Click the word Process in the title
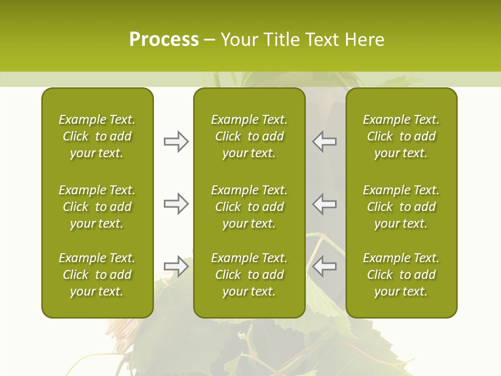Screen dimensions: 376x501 click(x=164, y=40)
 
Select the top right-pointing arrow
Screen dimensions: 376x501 click(x=176, y=142)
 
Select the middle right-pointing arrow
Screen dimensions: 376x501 click(x=176, y=204)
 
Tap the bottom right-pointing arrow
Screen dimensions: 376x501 click(x=176, y=266)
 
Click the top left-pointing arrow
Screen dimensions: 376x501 click(x=325, y=142)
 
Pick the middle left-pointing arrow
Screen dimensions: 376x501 click(x=325, y=204)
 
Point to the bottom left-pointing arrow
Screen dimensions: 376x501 click(x=325, y=266)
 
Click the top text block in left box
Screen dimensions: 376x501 click(x=97, y=136)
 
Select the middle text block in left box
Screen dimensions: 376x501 click(x=97, y=207)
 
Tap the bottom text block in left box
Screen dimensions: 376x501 click(x=97, y=275)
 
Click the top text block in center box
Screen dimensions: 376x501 click(x=249, y=136)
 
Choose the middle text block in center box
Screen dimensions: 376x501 click(x=249, y=207)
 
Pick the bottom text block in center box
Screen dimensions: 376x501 click(x=249, y=275)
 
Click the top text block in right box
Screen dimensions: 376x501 click(x=401, y=136)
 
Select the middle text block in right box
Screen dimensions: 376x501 click(x=401, y=207)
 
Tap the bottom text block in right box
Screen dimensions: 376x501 click(x=401, y=275)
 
